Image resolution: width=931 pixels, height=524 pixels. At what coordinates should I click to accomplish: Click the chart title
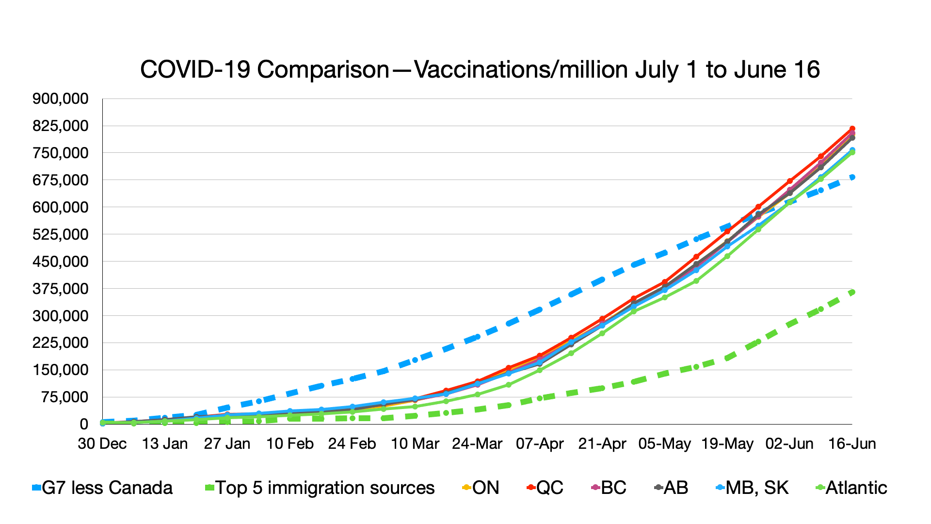click(480, 69)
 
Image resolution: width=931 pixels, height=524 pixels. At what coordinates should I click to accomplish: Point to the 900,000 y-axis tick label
click(61, 99)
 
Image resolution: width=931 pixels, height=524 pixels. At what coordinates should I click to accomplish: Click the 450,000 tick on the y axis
click(61, 262)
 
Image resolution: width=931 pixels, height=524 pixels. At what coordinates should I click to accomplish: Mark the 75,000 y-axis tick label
click(64, 397)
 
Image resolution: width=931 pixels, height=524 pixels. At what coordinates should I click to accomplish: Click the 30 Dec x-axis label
click(102, 443)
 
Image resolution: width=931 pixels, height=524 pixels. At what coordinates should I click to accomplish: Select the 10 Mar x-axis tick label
click(415, 443)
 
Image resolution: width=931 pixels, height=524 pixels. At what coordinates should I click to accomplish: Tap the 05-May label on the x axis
click(665, 443)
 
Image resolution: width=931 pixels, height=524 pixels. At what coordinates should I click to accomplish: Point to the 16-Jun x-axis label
click(852, 443)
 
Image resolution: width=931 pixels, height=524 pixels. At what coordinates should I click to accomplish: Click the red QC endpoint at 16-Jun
click(852, 129)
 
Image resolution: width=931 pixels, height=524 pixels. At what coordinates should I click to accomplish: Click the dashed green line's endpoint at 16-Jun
click(852, 292)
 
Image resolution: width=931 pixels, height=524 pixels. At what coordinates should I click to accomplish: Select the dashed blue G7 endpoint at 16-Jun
click(852, 178)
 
